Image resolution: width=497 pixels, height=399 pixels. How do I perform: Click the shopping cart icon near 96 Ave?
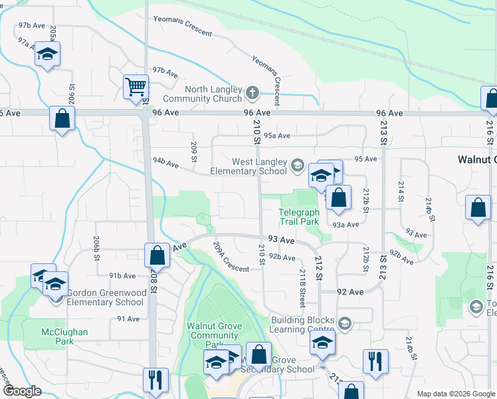point(136,86)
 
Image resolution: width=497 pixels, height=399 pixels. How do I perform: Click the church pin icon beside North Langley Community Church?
point(252,94)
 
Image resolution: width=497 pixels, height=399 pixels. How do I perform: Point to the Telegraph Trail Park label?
point(298,217)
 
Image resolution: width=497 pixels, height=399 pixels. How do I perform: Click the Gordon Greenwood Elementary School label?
point(101,297)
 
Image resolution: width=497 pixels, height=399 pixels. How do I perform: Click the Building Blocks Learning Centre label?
point(302,324)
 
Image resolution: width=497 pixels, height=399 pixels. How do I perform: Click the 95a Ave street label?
point(277,136)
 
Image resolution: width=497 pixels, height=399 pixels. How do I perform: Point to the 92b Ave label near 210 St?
point(282,257)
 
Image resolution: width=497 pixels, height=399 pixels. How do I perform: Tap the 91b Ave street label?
point(122,275)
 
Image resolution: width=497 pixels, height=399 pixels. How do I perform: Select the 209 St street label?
point(194,152)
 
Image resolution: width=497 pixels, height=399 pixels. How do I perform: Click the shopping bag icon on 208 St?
point(157,255)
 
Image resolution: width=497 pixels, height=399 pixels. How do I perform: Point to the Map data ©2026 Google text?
point(455,394)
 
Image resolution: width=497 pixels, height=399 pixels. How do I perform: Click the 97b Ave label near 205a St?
point(31,25)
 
